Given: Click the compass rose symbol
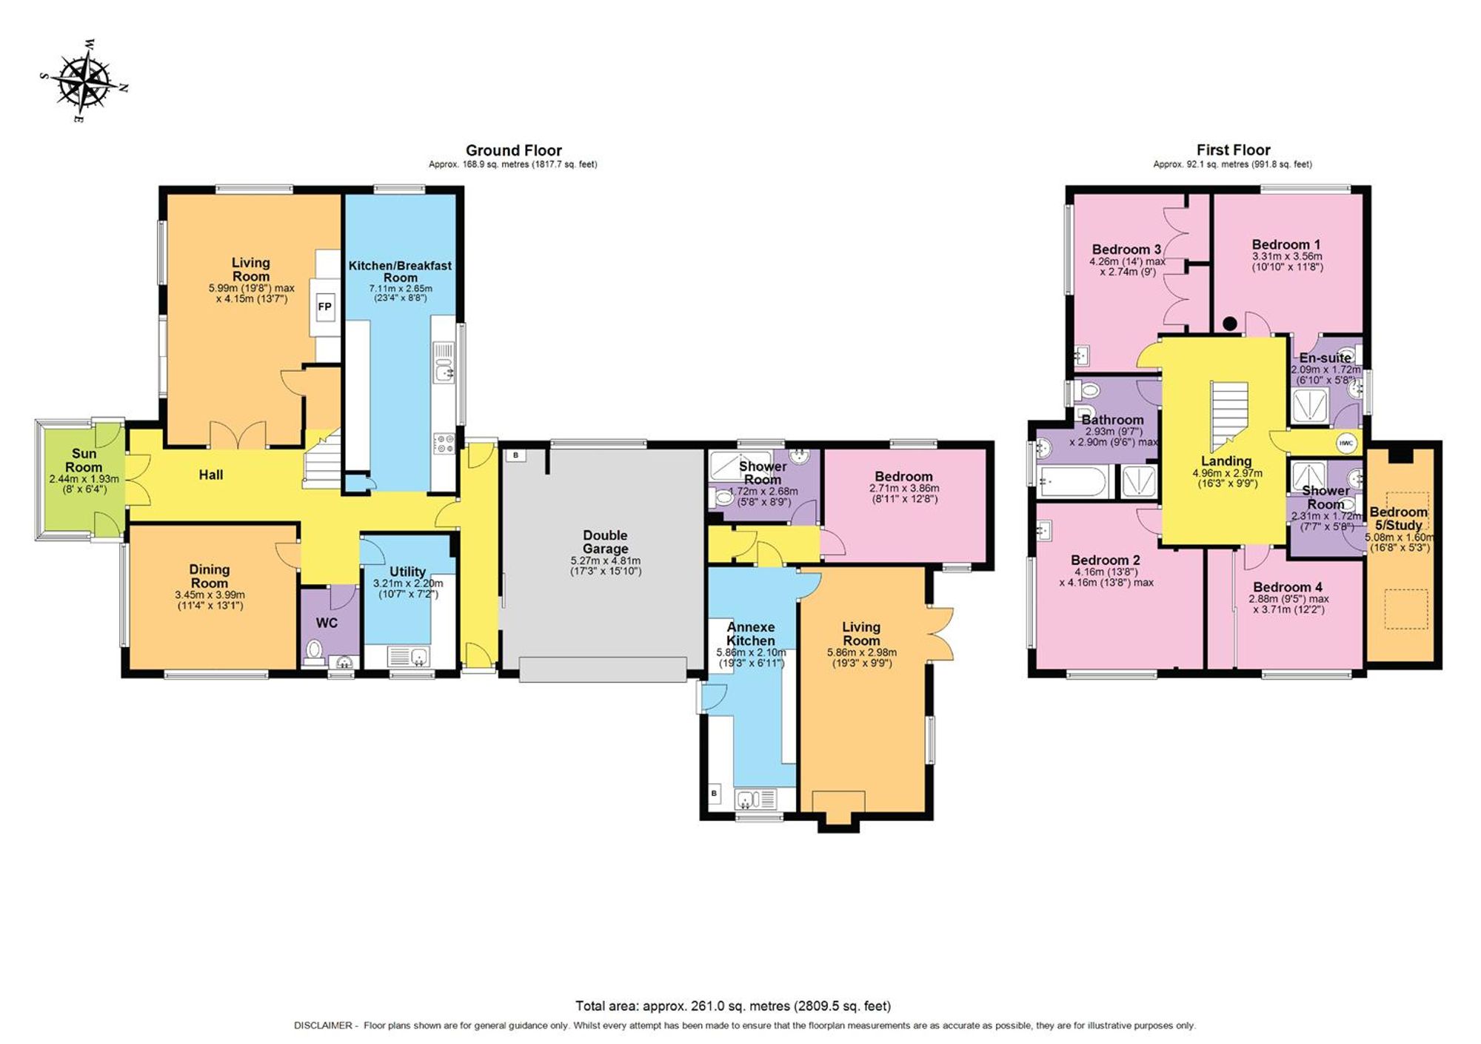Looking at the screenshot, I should coord(84,81).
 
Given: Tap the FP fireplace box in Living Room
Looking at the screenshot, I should coord(324,307).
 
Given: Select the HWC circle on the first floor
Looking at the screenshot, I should coord(1345,443).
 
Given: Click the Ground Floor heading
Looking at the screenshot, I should coord(513,150).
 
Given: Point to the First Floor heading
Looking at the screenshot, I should coord(1233,150).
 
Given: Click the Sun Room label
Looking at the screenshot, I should coord(84,460).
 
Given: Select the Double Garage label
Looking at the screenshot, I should coord(605,541).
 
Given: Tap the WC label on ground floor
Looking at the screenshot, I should coord(327,623).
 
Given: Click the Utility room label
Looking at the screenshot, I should coord(407,571).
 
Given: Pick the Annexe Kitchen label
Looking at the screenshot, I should coord(750,634).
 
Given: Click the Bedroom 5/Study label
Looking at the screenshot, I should coord(1398,518).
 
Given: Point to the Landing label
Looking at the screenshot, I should coord(1226,461).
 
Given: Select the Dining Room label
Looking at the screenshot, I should coord(210,575).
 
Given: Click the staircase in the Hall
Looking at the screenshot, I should coord(323,460).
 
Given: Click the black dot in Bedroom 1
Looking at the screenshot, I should coord(1230,324).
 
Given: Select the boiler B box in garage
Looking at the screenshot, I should coord(515,455).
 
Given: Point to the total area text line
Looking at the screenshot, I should coord(733,1005).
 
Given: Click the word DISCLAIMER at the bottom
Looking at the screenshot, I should coord(323,1025).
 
